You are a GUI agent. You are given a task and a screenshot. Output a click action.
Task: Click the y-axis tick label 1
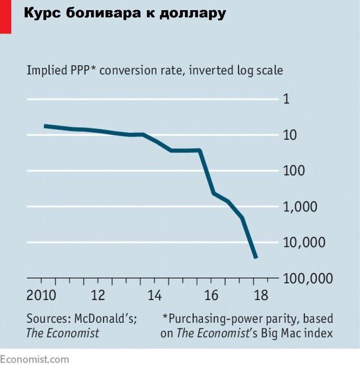click(x=286, y=99)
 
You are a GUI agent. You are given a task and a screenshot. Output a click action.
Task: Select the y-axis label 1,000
click(x=299, y=206)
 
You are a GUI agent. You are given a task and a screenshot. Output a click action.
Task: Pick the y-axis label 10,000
click(x=303, y=242)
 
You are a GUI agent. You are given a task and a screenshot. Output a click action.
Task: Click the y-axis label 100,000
click(x=307, y=278)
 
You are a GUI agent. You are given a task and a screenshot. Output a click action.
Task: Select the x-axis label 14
click(x=155, y=296)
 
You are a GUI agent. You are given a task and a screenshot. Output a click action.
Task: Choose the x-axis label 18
click(x=262, y=296)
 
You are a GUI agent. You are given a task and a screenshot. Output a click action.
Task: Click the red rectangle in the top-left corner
click(x=6, y=16)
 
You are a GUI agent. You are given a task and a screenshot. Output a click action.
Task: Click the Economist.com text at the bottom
click(x=34, y=359)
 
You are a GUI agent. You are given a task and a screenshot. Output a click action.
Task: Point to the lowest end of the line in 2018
click(x=256, y=258)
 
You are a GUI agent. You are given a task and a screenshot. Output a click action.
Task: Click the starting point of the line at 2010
click(x=46, y=126)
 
